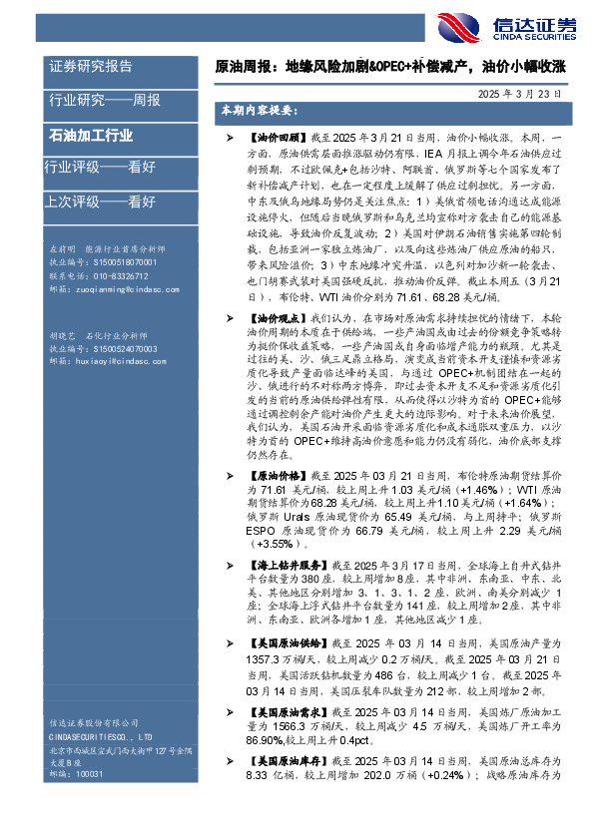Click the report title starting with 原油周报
(391, 67)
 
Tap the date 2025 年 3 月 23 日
(518, 93)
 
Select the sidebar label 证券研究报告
(90, 66)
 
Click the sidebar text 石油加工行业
(91, 135)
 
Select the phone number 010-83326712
(112, 274)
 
